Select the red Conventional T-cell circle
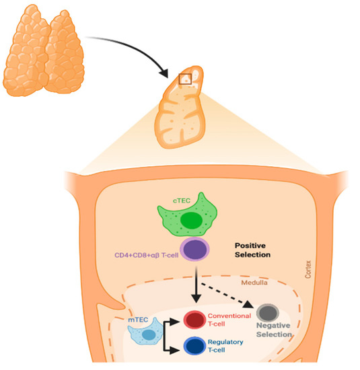point(195,320)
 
